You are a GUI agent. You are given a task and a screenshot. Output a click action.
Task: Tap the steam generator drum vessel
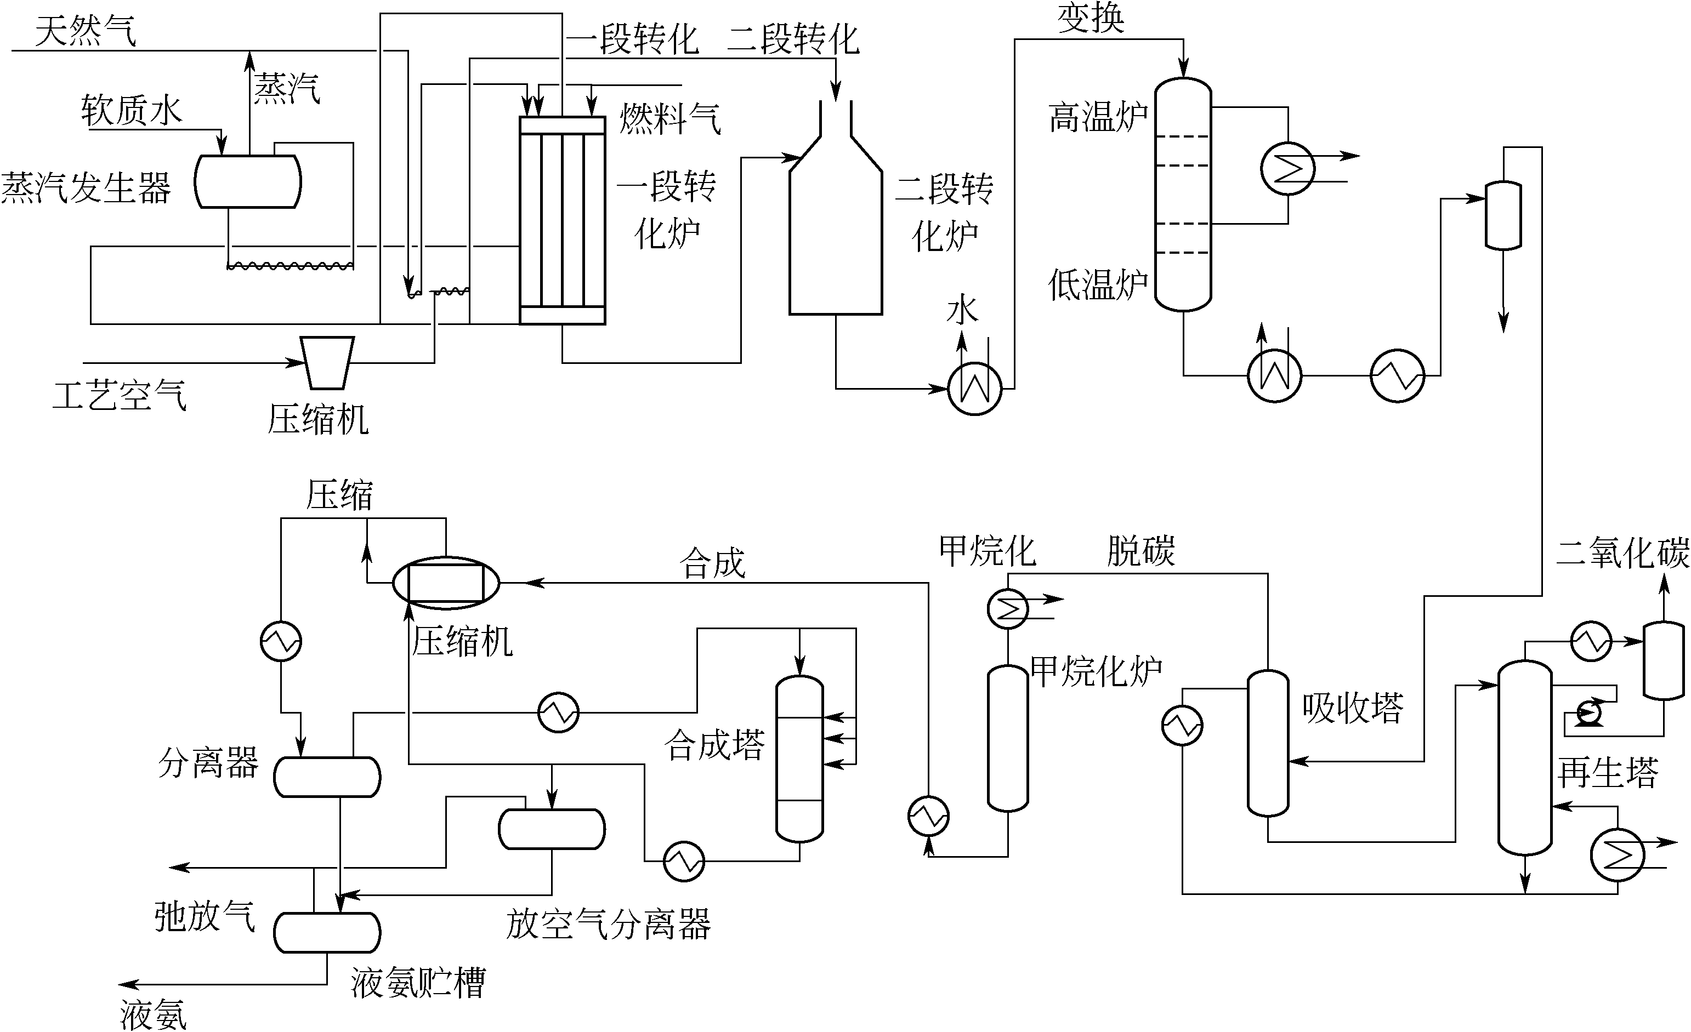pyautogui.click(x=248, y=181)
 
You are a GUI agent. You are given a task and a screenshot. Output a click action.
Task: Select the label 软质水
pyautogui.click(x=131, y=110)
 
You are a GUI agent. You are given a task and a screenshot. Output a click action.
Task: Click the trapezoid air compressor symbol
pyautogui.click(x=328, y=362)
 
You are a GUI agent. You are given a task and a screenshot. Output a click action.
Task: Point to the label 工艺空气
pyautogui.click(x=120, y=395)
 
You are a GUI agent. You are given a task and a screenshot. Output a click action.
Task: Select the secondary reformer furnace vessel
pyautogui.click(x=835, y=233)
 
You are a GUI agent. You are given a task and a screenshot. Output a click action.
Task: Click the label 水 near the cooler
pyautogui.click(x=962, y=310)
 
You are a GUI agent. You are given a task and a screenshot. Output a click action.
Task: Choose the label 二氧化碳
pyautogui.click(x=1622, y=553)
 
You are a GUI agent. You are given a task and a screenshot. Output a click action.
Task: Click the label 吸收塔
pyautogui.click(x=1353, y=708)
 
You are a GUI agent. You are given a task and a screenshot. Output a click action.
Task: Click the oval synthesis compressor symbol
pyautogui.click(x=446, y=583)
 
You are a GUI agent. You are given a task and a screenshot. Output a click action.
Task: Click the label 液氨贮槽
pyautogui.click(x=418, y=983)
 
